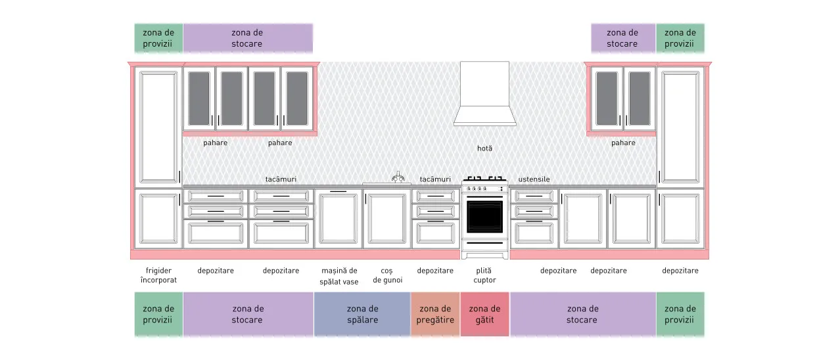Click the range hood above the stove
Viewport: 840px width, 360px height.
click(x=484, y=94)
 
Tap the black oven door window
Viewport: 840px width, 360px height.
click(x=484, y=217)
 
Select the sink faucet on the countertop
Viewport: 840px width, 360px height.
click(x=398, y=177)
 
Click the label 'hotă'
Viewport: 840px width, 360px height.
click(x=484, y=148)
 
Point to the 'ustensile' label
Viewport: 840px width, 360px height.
click(x=534, y=179)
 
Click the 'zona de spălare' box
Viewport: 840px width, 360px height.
click(x=362, y=314)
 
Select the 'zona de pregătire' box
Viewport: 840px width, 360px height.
click(x=435, y=314)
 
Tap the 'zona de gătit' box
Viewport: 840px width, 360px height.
click(x=484, y=314)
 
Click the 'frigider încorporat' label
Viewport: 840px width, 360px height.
click(x=158, y=275)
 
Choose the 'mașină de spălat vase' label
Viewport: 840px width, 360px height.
click(x=339, y=276)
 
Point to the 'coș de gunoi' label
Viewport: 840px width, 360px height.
click(x=387, y=275)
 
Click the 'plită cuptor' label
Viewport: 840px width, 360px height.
click(x=484, y=275)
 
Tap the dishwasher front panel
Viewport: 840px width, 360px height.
click(x=338, y=219)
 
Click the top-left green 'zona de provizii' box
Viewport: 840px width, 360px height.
click(x=158, y=38)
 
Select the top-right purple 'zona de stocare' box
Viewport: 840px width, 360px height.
click(x=623, y=38)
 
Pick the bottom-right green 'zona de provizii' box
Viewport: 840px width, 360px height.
click(x=680, y=314)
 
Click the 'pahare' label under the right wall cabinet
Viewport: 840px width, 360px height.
click(x=623, y=143)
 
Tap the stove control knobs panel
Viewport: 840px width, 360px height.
click(x=484, y=189)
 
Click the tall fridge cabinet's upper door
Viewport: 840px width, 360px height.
click(x=158, y=127)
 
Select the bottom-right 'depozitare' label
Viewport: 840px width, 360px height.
click(x=680, y=271)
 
